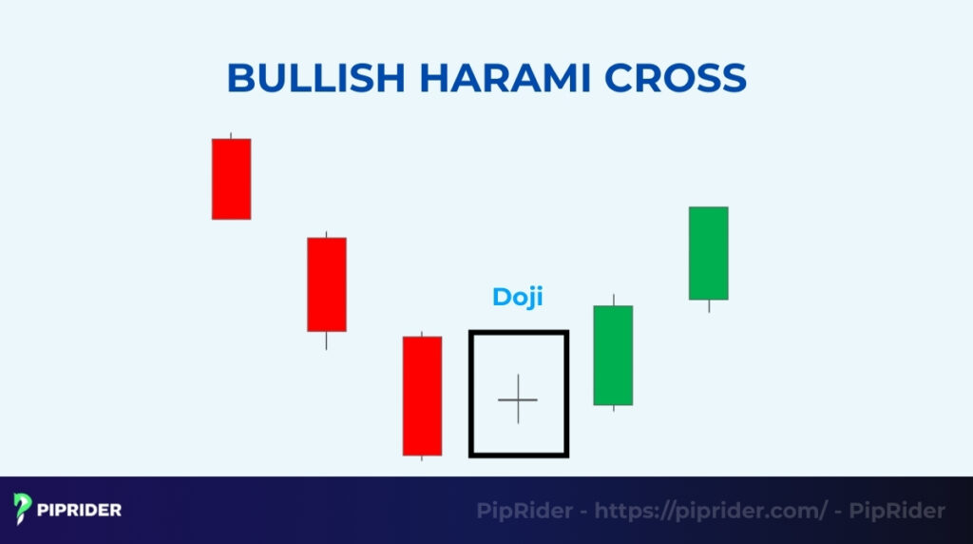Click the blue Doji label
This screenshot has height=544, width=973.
(x=518, y=297)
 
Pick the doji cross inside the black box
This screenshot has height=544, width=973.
(x=518, y=399)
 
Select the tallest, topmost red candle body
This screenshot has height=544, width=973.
(x=231, y=179)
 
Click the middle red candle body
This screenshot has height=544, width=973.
(x=326, y=284)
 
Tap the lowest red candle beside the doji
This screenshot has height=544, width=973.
(x=422, y=396)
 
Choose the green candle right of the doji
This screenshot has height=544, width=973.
(x=613, y=355)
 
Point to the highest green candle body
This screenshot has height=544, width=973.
(x=708, y=253)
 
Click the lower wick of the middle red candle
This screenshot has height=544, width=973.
(x=326, y=340)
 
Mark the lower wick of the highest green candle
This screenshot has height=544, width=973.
(x=708, y=306)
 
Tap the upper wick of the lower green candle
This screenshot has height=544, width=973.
(x=613, y=300)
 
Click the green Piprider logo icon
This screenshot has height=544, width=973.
(x=24, y=510)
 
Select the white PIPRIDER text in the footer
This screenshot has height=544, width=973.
(x=80, y=510)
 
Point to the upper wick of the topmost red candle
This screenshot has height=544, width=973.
(x=231, y=136)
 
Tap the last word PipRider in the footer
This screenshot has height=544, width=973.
(x=901, y=511)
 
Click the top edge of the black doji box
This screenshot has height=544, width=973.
(x=518, y=333)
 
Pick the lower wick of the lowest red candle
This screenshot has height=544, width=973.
(x=422, y=457)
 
